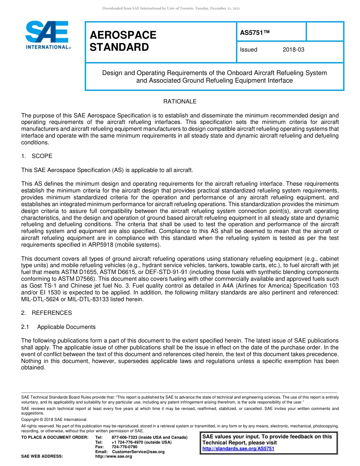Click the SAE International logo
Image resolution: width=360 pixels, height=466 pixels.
pos(47,34)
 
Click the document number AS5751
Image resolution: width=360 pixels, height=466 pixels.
pos(254,33)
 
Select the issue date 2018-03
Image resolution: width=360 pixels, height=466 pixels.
pos(293,50)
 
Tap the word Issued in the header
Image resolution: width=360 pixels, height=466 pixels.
pos(249,50)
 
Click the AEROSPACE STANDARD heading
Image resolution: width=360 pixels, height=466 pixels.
pos(123,41)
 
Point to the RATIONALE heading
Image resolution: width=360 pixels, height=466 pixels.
pos(180,102)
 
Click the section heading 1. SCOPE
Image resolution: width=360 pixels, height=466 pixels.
pos(37,156)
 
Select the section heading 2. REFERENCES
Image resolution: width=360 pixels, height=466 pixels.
pos(46,313)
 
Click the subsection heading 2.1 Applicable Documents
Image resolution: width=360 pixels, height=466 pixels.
pos(58,327)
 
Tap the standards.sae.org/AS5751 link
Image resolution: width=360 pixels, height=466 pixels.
pos(238,449)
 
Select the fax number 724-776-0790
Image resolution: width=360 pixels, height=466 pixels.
pos(124,447)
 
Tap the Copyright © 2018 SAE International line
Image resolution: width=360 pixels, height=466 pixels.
pos(54,419)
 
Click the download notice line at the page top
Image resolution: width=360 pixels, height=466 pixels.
pos(171,8)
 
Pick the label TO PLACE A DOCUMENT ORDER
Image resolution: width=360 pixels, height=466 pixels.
pos(55,438)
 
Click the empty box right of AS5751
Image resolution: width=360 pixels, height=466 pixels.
pos(324,31)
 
